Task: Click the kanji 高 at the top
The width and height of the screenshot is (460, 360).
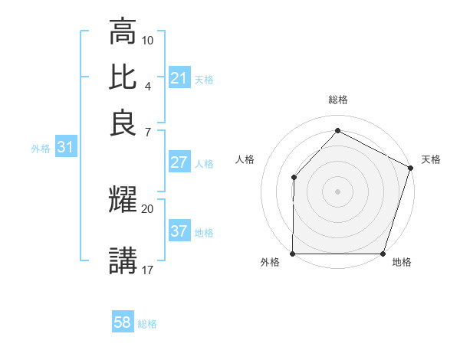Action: [x=123, y=32]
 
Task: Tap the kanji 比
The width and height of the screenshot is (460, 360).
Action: [x=123, y=77]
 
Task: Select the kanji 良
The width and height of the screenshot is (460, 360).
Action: [x=123, y=123]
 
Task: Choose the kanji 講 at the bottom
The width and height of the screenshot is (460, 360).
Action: [x=123, y=260]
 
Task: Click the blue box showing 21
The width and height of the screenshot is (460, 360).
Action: [x=179, y=78]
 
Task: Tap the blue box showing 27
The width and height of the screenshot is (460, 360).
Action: [x=179, y=163]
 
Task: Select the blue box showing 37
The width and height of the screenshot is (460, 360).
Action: [x=179, y=232]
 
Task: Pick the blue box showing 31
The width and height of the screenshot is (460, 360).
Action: [x=64, y=148]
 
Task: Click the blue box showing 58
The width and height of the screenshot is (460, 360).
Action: [x=123, y=322]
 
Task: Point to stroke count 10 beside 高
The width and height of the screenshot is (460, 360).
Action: [x=148, y=39]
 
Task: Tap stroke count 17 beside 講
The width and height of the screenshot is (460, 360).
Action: [x=148, y=269]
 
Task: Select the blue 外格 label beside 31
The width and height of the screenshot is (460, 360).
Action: [x=40, y=149]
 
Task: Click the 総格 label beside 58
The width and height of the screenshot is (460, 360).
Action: [x=147, y=324]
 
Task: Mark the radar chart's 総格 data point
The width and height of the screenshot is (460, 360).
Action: [x=337, y=130]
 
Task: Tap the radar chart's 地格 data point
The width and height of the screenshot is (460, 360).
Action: [x=383, y=254]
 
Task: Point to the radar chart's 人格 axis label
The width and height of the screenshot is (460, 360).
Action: [x=245, y=159]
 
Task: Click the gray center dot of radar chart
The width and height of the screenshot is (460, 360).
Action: [x=337, y=191]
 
